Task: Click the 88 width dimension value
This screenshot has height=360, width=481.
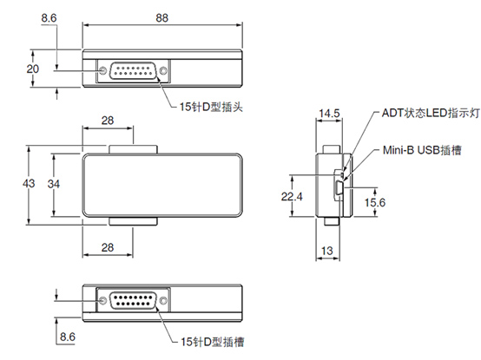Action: click(162, 17)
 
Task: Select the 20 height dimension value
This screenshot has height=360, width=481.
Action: click(32, 69)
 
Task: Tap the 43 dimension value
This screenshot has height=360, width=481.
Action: click(29, 184)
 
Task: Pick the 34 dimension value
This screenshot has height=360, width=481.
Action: click(54, 184)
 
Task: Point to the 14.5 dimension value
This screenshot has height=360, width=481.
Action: click(329, 114)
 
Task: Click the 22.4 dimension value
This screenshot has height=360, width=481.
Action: click(292, 196)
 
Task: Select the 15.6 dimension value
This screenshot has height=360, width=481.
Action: click(375, 202)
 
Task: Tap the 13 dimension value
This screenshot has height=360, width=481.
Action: click(327, 251)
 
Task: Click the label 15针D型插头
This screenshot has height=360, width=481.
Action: click(211, 107)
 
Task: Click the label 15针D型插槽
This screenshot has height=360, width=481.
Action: click(212, 342)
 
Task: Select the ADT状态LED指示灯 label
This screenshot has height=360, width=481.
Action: click(431, 113)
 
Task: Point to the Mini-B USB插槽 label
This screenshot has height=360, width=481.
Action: click(422, 150)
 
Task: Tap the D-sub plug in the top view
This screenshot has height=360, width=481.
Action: click(133, 71)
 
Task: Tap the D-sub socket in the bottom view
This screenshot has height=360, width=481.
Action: click(133, 300)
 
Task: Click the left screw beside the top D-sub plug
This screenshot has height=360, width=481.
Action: click(102, 71)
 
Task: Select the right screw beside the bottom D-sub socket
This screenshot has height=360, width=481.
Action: click(164, 300)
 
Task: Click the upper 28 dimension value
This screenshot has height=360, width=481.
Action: click(108, 121)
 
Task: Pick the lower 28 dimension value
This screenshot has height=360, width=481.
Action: click(108, 247)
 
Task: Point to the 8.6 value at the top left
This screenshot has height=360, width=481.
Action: click(49, 17)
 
